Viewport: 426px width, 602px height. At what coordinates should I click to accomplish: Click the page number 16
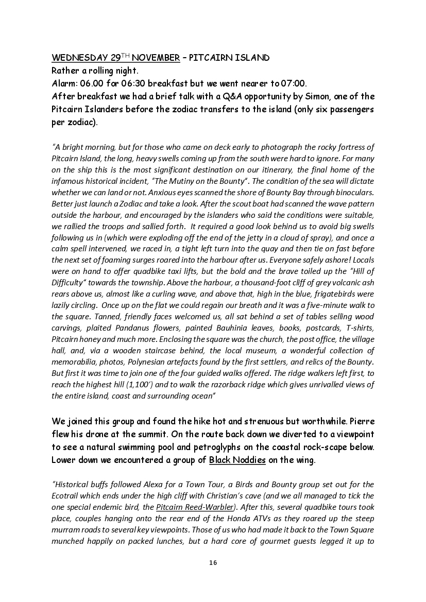click(x=213, y=562)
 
